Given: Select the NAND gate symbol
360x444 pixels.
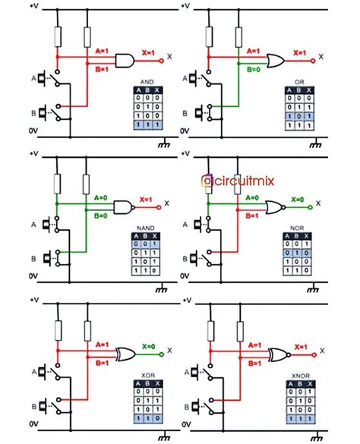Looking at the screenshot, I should (123, 206).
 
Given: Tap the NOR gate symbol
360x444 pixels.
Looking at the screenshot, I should (275, 206).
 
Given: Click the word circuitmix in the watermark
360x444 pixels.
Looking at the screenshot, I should (245, 181).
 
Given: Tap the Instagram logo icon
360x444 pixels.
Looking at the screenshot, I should (206, 181).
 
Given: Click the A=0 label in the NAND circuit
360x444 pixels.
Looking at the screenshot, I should (102, 197).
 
